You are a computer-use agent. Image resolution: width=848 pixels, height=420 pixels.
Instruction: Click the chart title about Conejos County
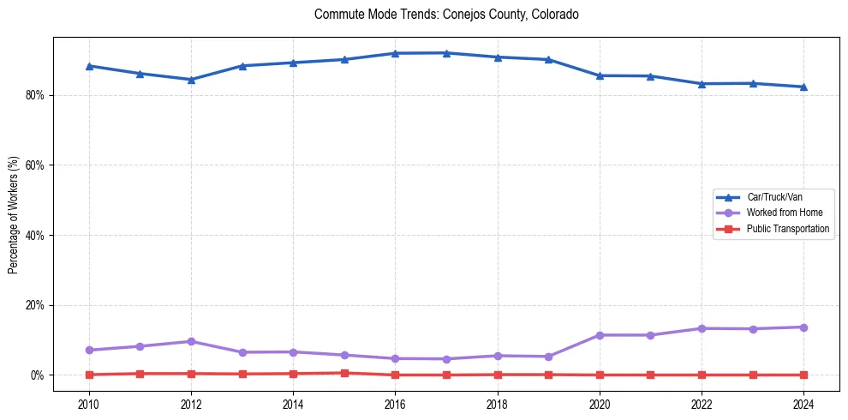[x=446, y=15]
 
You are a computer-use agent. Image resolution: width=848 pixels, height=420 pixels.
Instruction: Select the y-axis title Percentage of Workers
[x=14, y=214]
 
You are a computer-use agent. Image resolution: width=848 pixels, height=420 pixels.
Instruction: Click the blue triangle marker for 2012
[x=191, y=80]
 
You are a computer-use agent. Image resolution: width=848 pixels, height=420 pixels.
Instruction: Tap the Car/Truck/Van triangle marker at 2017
[x=446, y=53]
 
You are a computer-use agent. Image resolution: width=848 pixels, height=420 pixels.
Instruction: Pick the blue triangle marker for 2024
[x=803, y=87]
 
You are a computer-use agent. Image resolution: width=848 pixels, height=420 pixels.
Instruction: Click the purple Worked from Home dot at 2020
[x=600, y=335]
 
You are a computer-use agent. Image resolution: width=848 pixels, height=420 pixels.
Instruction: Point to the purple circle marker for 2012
[x=191, y=341]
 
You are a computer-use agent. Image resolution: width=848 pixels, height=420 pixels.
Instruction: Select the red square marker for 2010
[x=89, y=375]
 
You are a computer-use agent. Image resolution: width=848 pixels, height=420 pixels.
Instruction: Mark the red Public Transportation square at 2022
[x=702, y=375]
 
